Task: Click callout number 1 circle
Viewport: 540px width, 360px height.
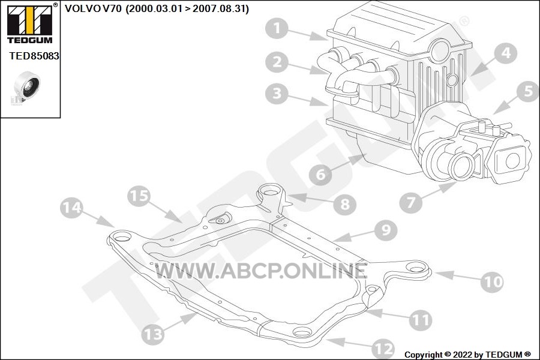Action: pyautogui.click(x=277, y=29)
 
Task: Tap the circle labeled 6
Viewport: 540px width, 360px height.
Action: pyautogui.click(x=320, y=175)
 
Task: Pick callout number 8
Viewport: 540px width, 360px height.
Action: pyautogui.click(x=345, y=204)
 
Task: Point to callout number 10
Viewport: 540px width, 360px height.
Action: pyautogui.click(x=493, y=282)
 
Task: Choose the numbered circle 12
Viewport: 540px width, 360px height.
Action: pyautogui.click(x=383, y=349)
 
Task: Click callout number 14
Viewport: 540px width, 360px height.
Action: pyautogui.click(x=71, y=208)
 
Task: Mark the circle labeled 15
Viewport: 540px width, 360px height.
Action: pyautogui.click(x=139, y=196)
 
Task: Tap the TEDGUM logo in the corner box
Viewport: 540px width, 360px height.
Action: pyautogui.click(x=30, y=23)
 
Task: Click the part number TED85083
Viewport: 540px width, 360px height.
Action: pyautogui.click(x=34, y=56)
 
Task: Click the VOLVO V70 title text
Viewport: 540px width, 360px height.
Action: pyautogui.click(x=93, y=8)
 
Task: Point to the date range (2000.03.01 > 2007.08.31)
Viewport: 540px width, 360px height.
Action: pyautogui.click(x=187, y=8)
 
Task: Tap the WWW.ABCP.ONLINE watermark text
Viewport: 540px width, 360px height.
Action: pyautogui.click(x=261, y=271)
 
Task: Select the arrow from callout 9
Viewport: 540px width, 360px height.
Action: pyautogui.click(x=354, y=236)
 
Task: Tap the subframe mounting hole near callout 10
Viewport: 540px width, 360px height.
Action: pyautogui.click(x=416, y=268)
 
